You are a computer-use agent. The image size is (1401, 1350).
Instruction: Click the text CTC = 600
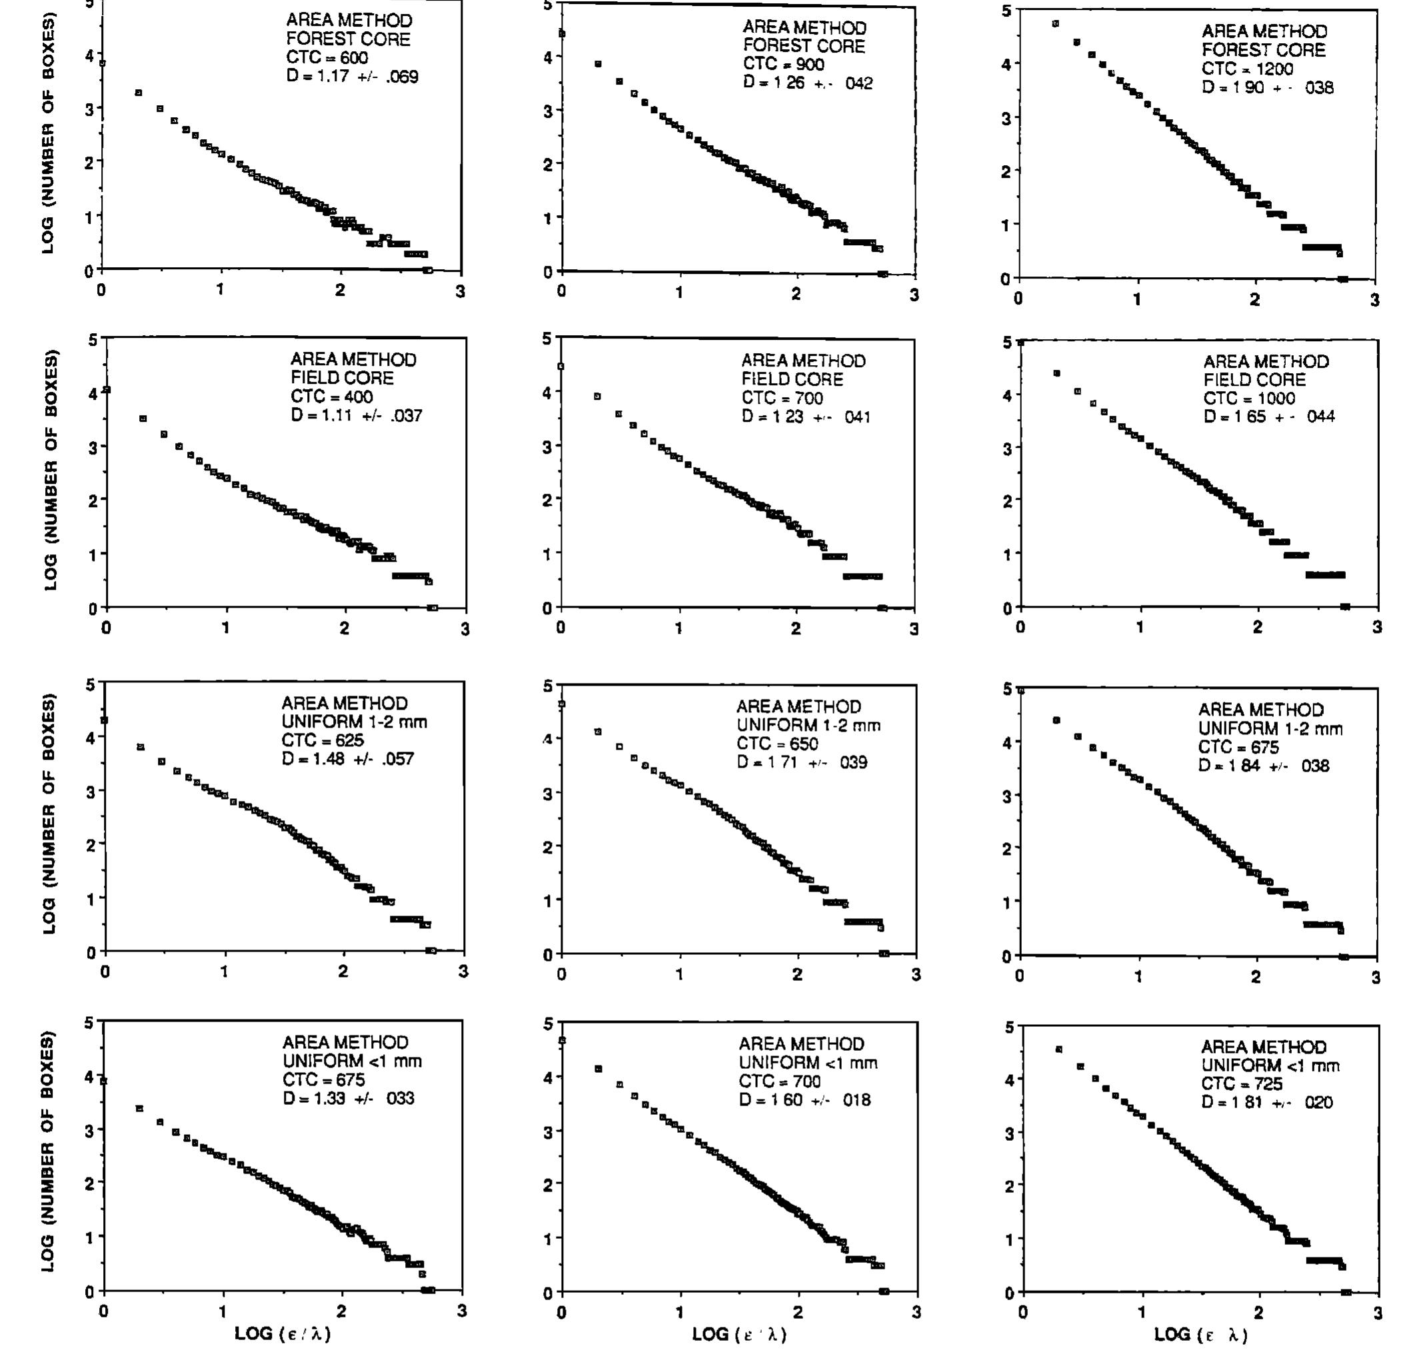coord(327,58)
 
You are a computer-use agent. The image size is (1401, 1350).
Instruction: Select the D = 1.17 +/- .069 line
coord(352,77)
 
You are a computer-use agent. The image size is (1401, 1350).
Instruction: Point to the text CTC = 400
coord(331,396)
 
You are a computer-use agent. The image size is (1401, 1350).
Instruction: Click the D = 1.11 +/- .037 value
coord(356,415)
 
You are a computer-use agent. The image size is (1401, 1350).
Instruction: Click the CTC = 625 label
coord(323,740)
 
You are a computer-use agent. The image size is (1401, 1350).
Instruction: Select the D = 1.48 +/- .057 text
coord(347,758)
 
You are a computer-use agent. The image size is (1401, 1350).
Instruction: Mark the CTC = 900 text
coord(783,65)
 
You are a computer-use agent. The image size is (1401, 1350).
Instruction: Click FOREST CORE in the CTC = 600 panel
coord(348,39)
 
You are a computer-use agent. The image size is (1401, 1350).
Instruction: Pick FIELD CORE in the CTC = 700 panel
coord(792,380)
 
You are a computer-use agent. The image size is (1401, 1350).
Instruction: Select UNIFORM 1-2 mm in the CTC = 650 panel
coord(808,726)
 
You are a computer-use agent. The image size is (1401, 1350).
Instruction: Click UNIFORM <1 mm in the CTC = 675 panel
coord(352,1061)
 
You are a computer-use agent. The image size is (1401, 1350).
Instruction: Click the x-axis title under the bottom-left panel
coord(283,1333)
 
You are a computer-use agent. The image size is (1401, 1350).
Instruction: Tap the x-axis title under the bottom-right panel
coord(1201,1334)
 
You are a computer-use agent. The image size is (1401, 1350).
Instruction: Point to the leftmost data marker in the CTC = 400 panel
coord(107,390)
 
